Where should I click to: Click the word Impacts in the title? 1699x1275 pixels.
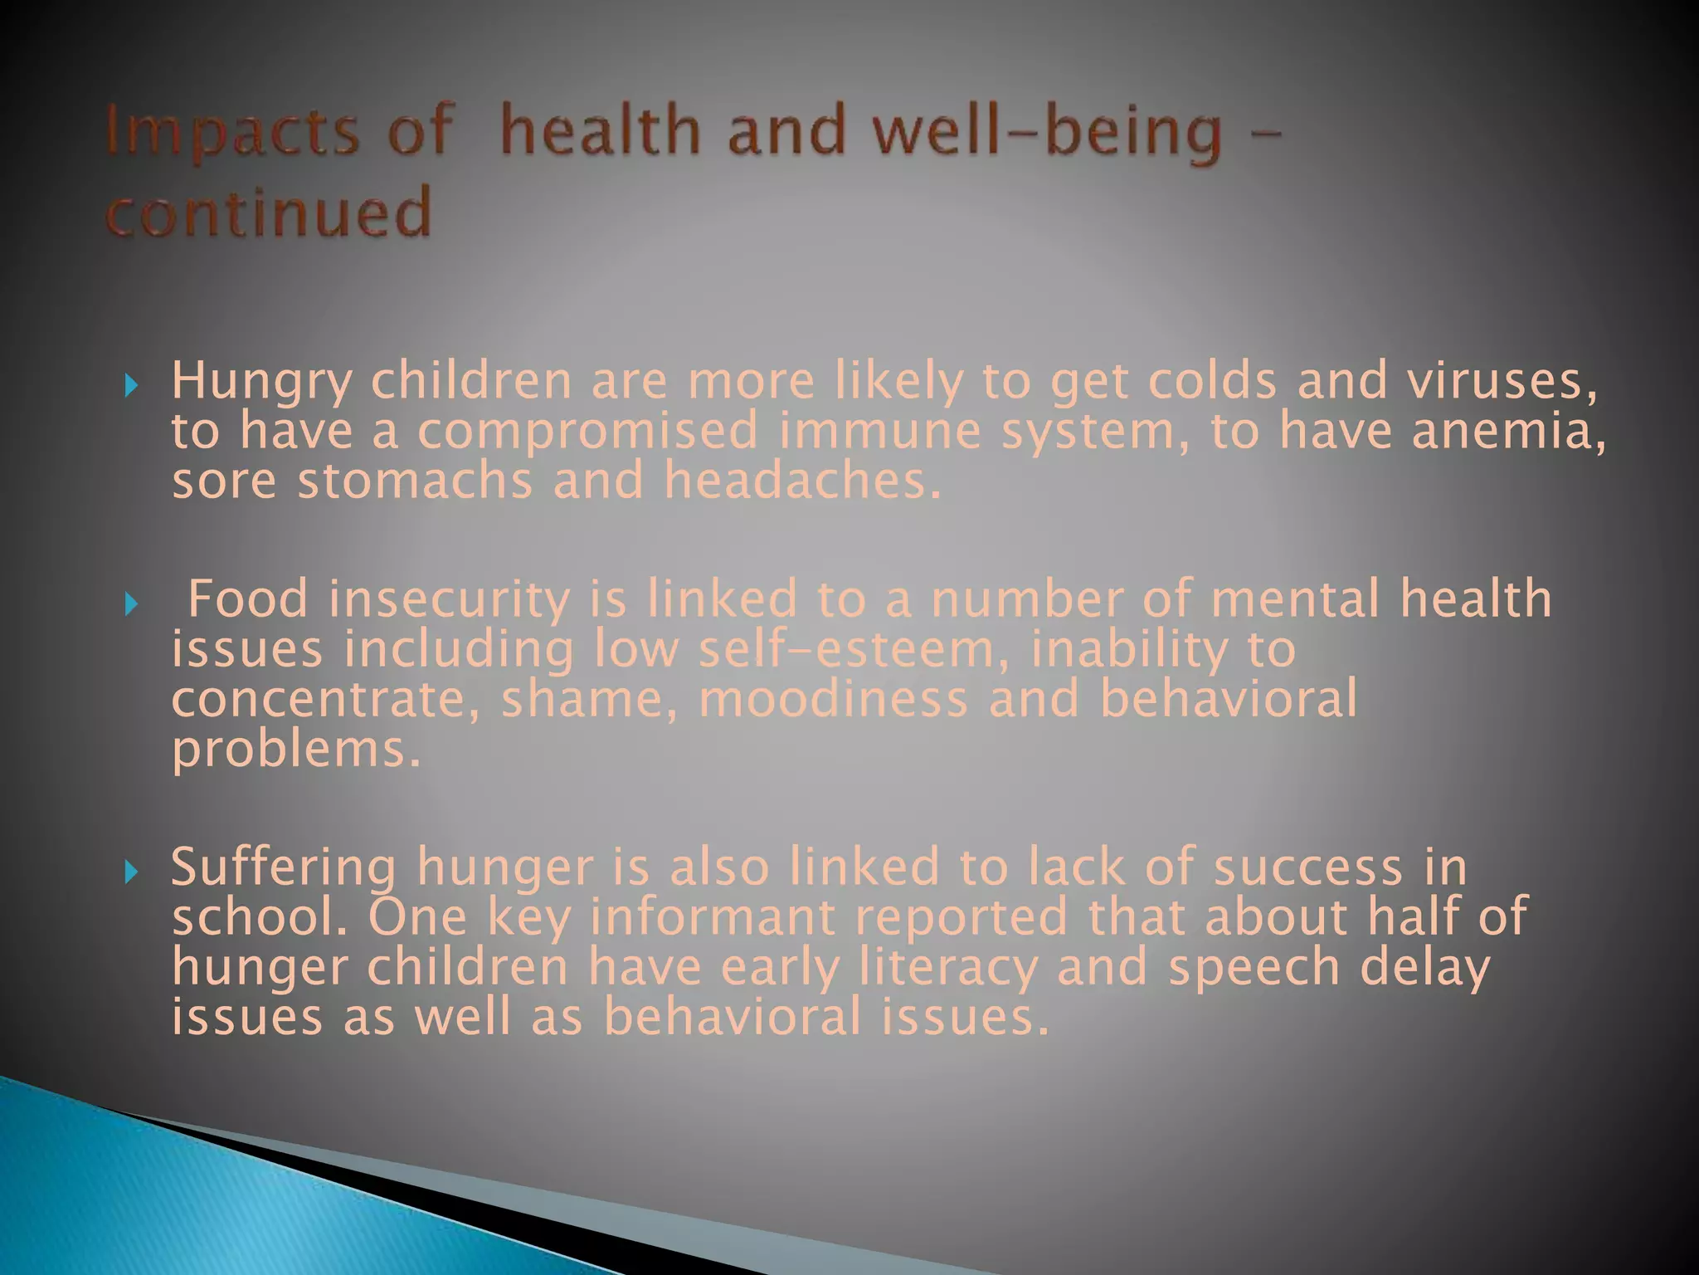point(233,133)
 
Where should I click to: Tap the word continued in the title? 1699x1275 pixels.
point(269,212)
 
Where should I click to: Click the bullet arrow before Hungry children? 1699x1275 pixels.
point(130,385)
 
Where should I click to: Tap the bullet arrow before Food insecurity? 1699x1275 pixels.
point(130,603)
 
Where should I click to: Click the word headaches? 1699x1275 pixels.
point(802,481)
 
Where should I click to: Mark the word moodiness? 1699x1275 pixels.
point(833,699)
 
